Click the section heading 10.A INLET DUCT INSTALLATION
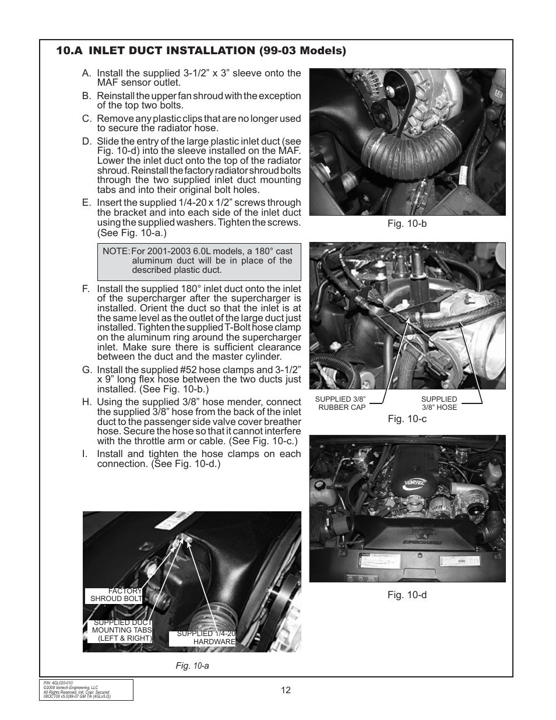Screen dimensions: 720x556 pyautogui.click(x=201, y=51)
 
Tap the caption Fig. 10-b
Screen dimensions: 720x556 pyautogui.click(x=407, y=223)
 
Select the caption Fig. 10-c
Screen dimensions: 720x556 pyautogui.click(x=407, y=419)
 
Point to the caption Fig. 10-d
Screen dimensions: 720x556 pyautogui.click(x=407, y=595)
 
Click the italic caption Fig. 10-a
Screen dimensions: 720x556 pyautogui.click(x=192, y=665)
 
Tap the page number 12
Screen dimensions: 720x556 pyautogui.click(x=285, y=690)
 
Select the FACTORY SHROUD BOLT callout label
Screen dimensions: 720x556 pyautogui.click(x=116, y=595)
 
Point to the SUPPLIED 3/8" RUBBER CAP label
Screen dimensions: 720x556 pyautogui.click(x=340, y=403)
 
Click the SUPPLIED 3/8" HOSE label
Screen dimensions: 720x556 pyautogui.click(x=439, y=403)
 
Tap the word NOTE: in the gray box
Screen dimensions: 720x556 pyautogui.click(x=116, y=251)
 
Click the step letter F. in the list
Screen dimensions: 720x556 pyautogui.click(x=87, y=289)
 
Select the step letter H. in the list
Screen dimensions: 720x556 pyautogui.click(x=87, y=402)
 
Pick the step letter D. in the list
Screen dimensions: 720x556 pyautogui.click(x=87, y=142)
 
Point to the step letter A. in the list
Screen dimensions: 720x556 pyautogui.click(x=87, y=73)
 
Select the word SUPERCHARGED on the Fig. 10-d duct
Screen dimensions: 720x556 pyautogui.click(x=421, y=542)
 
